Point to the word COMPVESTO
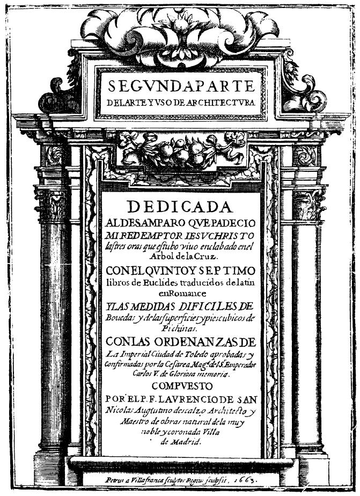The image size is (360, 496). (x=181, y=386)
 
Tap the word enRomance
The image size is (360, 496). (x=180, y=293)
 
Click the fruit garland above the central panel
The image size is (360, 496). (x=181, y=151)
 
